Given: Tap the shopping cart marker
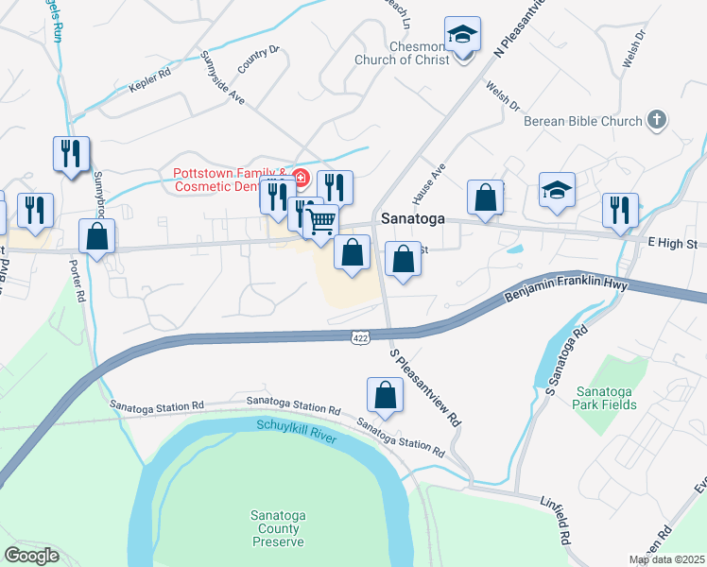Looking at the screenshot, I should [321, 222].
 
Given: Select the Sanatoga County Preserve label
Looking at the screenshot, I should [278, 528].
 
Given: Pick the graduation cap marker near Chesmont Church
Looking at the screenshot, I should [463, 36].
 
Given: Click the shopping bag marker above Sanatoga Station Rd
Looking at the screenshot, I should [386, 394].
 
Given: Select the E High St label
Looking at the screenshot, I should [672, 244].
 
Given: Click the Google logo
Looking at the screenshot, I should [32, 556].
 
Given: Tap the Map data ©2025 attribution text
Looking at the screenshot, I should [666, 559].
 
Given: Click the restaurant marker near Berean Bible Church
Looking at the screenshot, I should [620, 209].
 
